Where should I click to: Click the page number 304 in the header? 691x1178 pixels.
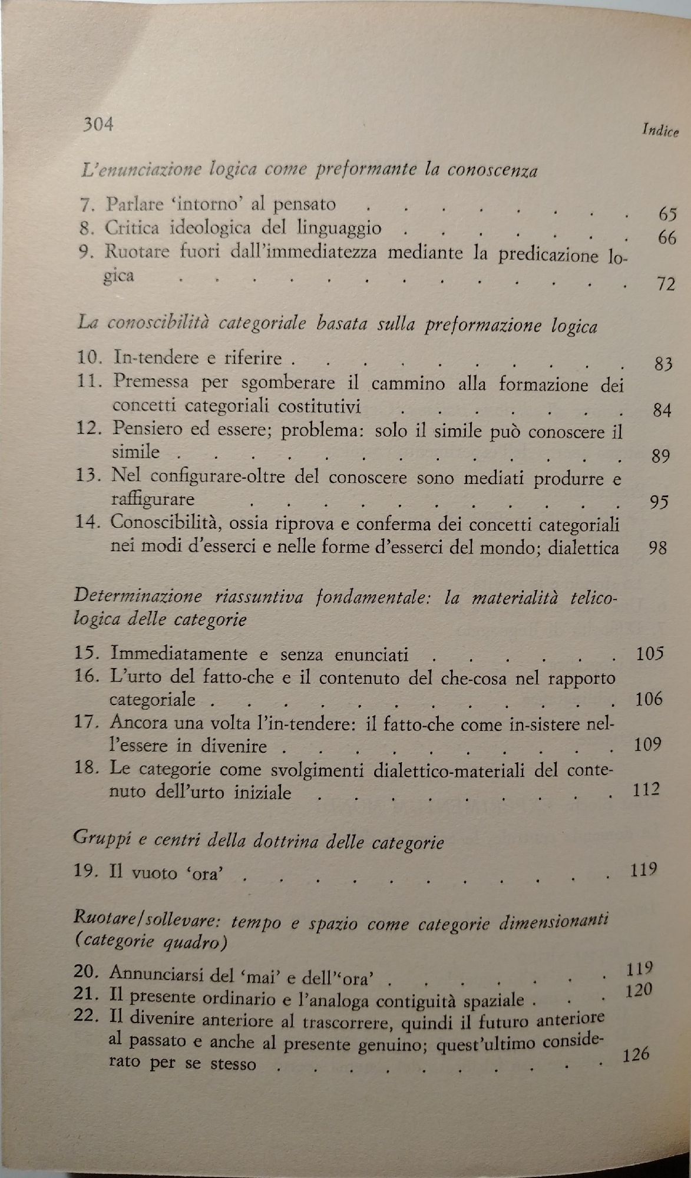98,125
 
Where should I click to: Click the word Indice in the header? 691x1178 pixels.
660,131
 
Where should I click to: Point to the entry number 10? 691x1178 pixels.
90,357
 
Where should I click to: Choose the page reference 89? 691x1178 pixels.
661,456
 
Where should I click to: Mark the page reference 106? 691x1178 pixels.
649,699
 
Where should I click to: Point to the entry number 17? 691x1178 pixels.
88,722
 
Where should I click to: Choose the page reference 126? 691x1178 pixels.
635,1053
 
